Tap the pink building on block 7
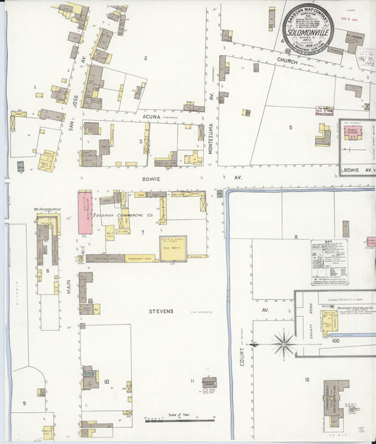click(85, 212)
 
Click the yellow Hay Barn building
click(172, 248)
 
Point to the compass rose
click(284, 344)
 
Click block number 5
click(290, 127)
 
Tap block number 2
click(145, 58)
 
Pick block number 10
click(107, 382)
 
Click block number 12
click(307, 380)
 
